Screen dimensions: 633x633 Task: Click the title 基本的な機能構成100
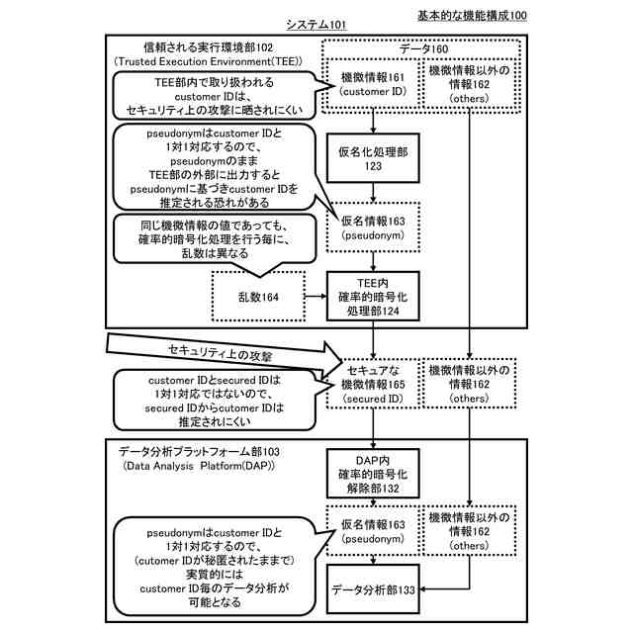point(472,16)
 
